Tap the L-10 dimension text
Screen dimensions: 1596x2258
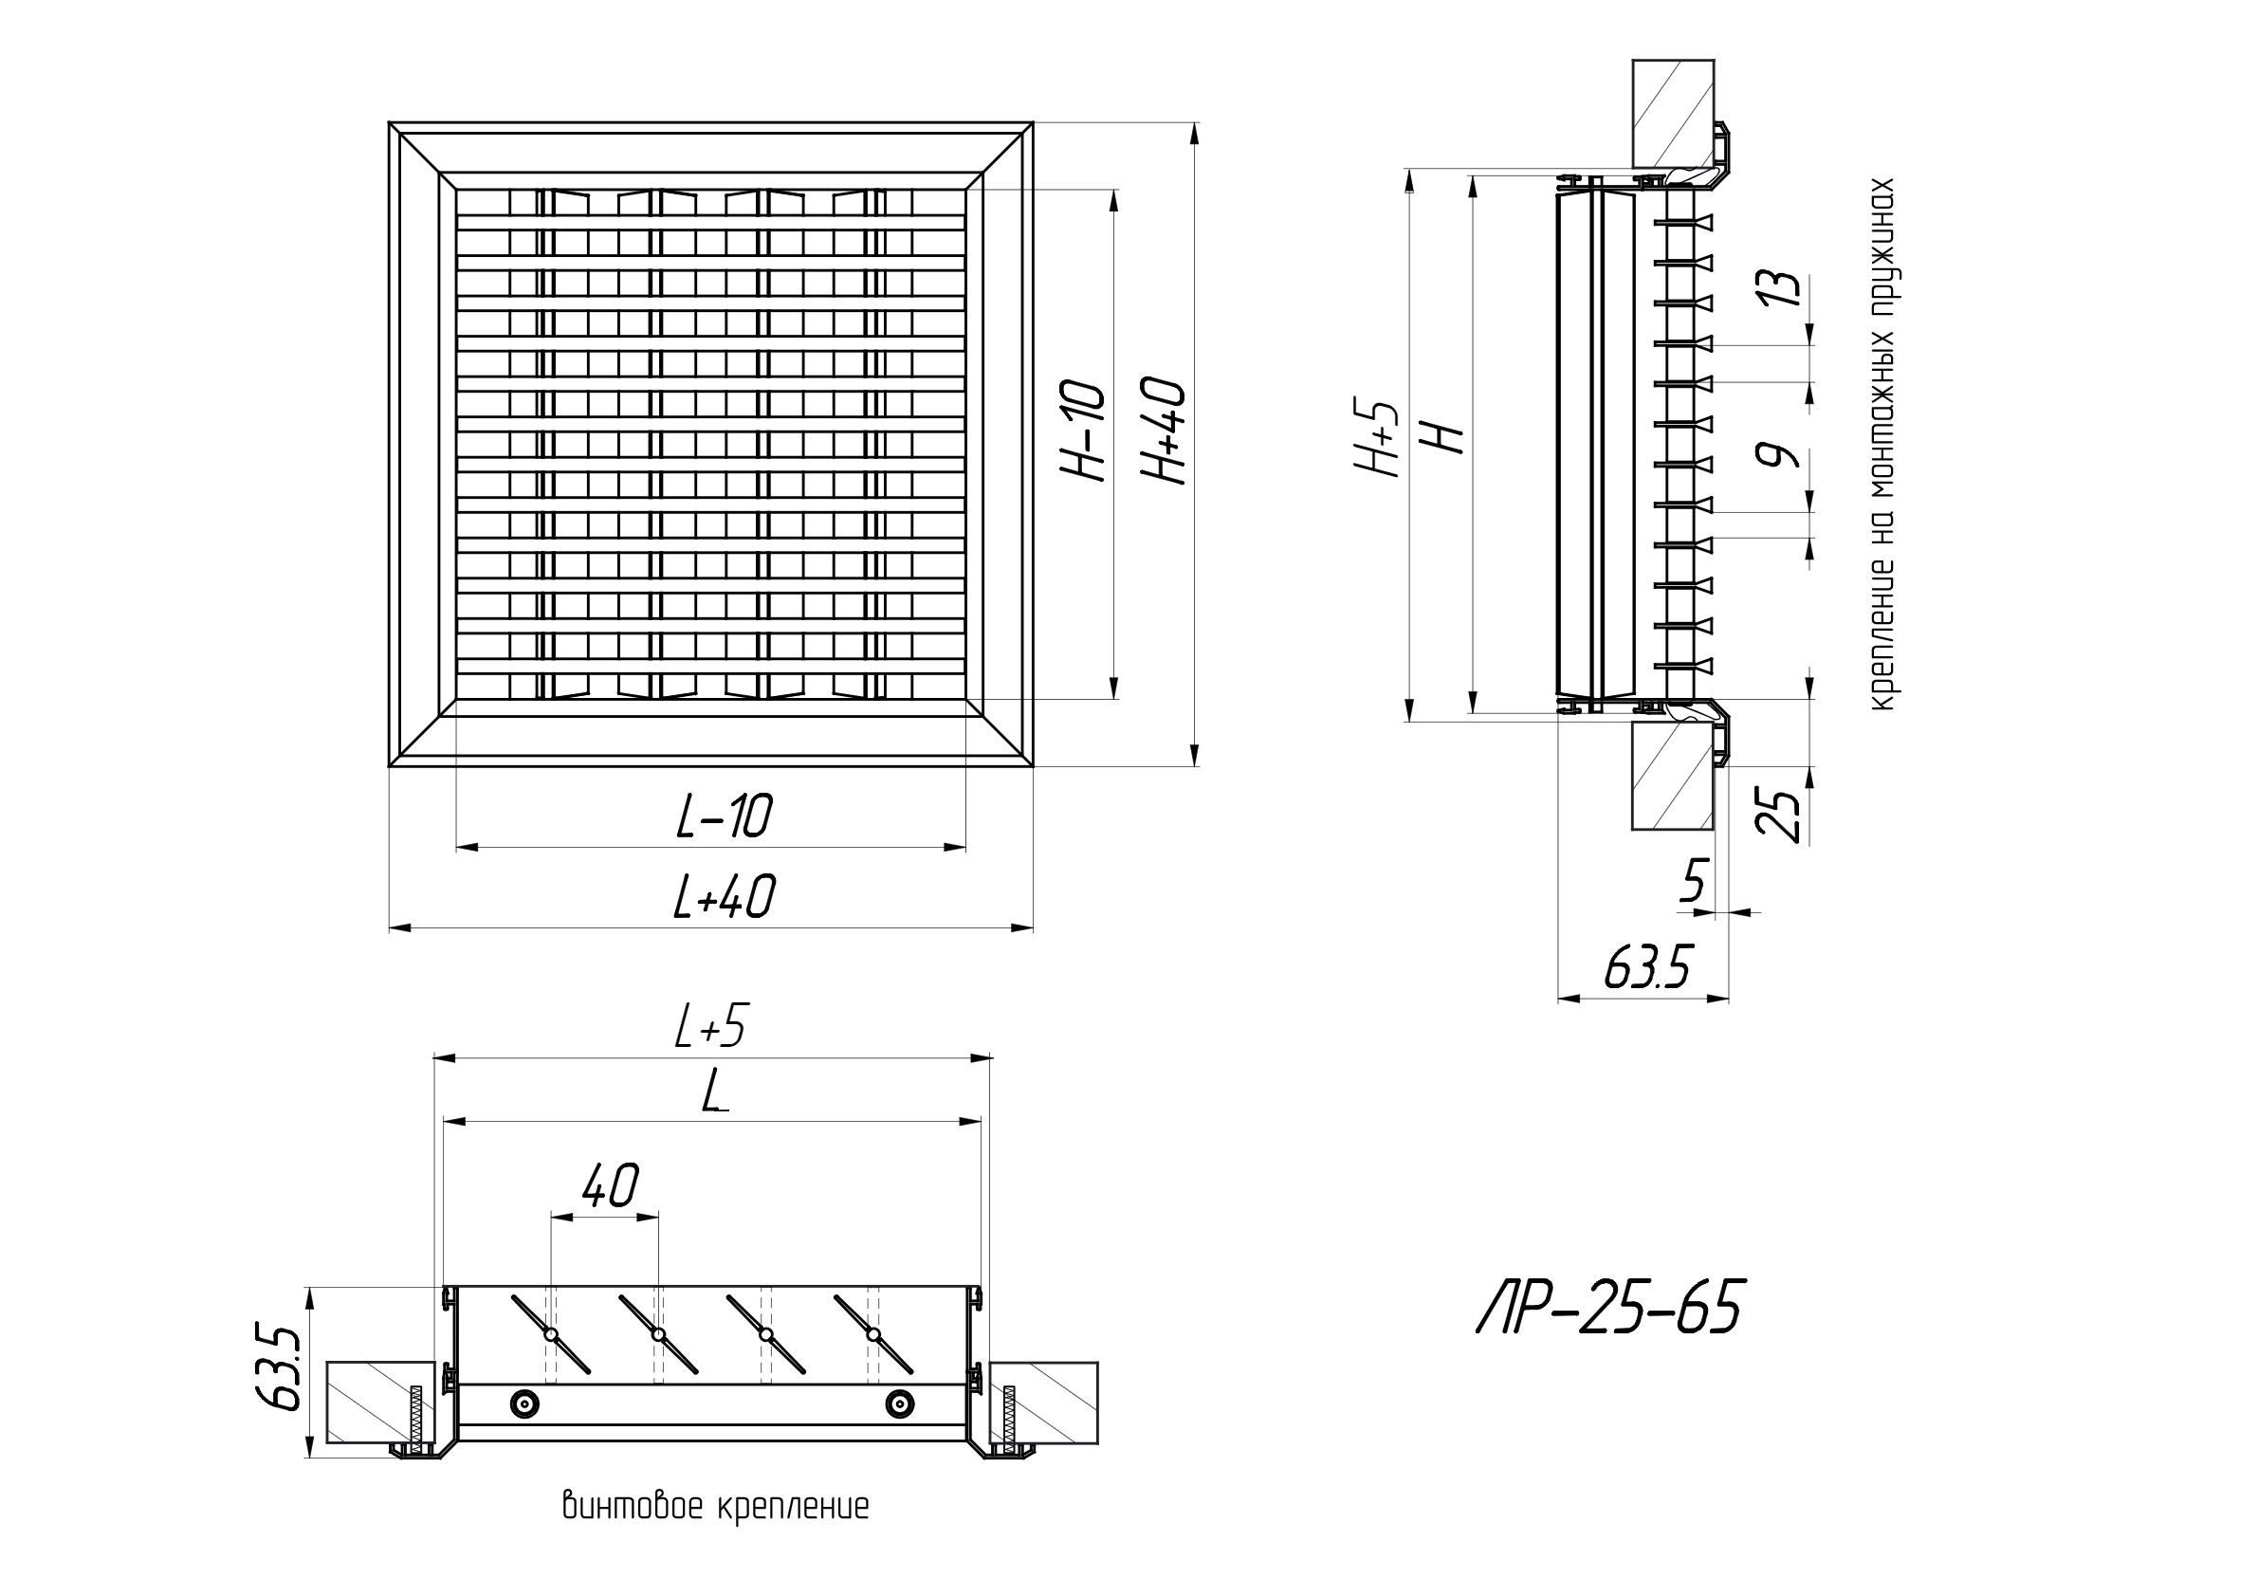click(x=725, y=816)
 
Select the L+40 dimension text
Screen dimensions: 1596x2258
click(x=725, y=897)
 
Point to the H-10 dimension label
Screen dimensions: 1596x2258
click(x=1084, y=430)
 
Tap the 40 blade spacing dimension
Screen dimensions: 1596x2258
click(x=611, y=1186)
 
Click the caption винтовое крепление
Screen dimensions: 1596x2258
click(x=715, y=1507)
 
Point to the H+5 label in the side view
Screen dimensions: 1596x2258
click(x=1377, y=438)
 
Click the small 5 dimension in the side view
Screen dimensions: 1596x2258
click(x=1694, y=880)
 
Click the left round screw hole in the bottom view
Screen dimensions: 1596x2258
click(x=526, y=1404)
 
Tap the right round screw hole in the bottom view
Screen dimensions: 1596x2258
click(x=898, y=1404)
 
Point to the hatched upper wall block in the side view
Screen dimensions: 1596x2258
click(x=1673, y=113)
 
